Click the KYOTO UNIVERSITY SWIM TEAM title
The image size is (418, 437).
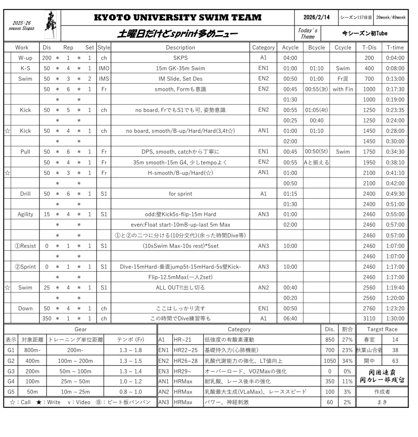point(177,17)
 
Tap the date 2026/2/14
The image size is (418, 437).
point(316,17)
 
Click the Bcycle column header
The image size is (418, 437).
point(316,47)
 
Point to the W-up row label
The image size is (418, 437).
point(25,58)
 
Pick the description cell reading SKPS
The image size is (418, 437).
point(180,58)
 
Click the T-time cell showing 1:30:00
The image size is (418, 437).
point(395,319)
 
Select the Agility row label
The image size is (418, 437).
point(25,214)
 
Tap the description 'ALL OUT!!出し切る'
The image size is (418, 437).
point(180,287)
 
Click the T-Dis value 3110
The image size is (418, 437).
point(369,319)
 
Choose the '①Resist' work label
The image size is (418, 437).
point(25,246)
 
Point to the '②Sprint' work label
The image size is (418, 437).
point(25,267)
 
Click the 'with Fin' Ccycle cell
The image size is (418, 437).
point(343,89)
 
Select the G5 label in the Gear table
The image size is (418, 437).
point(11,392)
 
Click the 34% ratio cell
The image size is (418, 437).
point(347,361)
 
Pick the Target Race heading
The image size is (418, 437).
point(382,329)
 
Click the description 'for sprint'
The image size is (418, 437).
point(180,194)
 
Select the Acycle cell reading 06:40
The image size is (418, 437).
point(290,319)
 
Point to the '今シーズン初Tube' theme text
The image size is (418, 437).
point(365,33)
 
